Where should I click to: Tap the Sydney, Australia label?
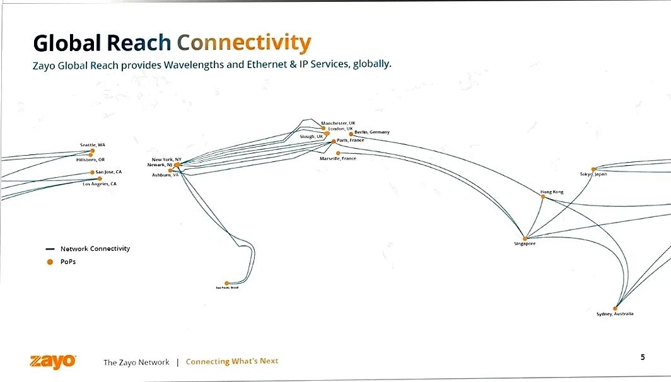pos(615,314)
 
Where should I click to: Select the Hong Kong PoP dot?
pos(543,197)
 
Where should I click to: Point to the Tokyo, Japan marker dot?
pos(593,169)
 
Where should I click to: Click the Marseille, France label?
pos(338,159)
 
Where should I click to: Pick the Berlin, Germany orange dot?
pos(351,134)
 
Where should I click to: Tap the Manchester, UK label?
pos(339,123)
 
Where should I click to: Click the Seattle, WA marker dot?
pos(93,151)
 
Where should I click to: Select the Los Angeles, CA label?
pos(100,184)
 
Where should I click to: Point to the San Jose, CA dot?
pos(92,172)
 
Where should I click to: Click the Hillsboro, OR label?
pos(90,160)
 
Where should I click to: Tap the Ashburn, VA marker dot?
pos(170,170)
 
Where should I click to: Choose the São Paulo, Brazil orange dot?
pos(227,283)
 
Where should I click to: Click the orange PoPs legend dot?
pos(50,262)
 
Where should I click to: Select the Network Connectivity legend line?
pos(50,249)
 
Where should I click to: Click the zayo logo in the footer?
pos(53,361)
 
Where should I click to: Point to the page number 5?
pos(643,357)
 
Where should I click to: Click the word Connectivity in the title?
pos(243,43)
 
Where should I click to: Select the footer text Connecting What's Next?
pos(232,361)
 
